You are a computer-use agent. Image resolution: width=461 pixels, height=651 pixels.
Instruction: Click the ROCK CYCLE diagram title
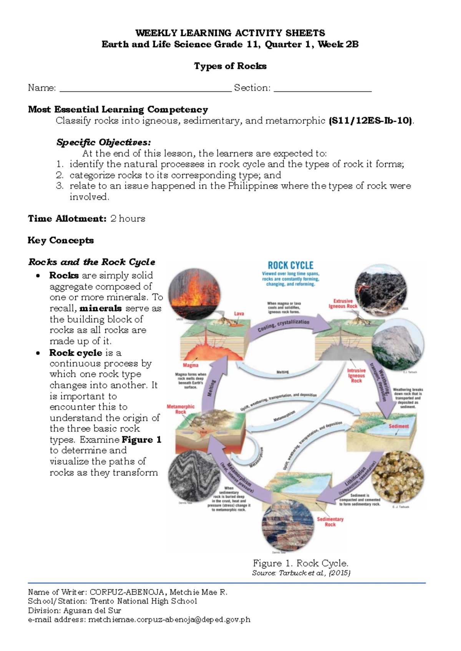click(290, 265)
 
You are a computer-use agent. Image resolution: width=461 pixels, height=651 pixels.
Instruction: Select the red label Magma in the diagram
click(191, 365)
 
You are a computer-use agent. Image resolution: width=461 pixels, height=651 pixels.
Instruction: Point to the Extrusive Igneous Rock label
click(343, 304)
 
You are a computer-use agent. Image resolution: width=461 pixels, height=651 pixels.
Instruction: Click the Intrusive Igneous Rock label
click(356, 375)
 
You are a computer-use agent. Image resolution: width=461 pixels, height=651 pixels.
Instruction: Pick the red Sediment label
click(398, 426)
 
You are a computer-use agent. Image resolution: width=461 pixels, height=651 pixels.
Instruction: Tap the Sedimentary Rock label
click(330, 522)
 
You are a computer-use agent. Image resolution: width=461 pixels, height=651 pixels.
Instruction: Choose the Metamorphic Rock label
click(181, 409)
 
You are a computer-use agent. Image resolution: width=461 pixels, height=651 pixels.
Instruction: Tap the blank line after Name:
click(146, 89)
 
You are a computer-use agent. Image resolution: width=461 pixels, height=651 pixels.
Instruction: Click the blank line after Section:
click(323, 89)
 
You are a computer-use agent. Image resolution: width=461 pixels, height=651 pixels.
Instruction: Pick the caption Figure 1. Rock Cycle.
click(300, 563)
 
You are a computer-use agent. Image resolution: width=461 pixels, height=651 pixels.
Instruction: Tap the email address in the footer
click(169, 620)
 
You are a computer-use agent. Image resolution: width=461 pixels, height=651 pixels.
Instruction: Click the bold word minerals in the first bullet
click(101, 308)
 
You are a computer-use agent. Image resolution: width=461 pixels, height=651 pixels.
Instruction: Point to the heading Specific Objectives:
click(103, 142)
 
